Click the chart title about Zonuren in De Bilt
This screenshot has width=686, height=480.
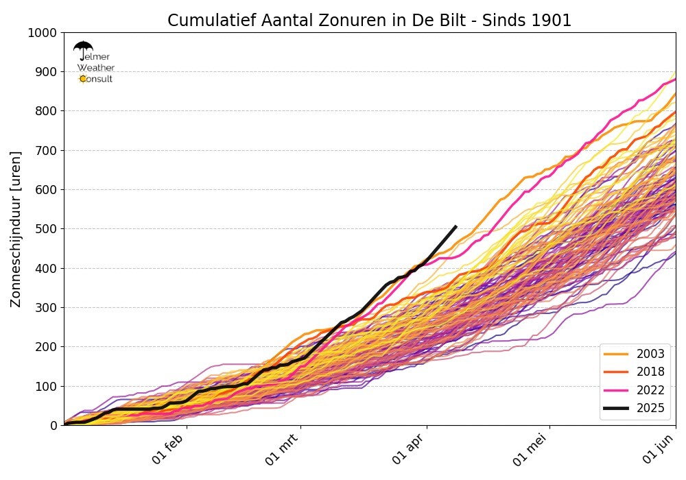click(369, 21)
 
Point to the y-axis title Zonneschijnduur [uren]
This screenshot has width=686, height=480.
click(16, 229)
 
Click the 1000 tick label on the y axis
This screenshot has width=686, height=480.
click(43, 32)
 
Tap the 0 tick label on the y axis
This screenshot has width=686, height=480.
click(53, 426)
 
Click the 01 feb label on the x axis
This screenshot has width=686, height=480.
click(170, 448)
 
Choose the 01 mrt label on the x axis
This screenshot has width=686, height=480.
click(283, 450)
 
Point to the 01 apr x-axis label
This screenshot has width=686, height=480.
click(411, 448)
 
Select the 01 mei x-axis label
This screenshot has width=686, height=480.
click(533, 449)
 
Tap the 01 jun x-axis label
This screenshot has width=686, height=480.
click(659, 448)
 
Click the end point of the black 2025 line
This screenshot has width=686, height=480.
click(456, 226)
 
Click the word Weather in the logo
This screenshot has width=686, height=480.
click(96, 68)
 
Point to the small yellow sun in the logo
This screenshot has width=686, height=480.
click(83, 79)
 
